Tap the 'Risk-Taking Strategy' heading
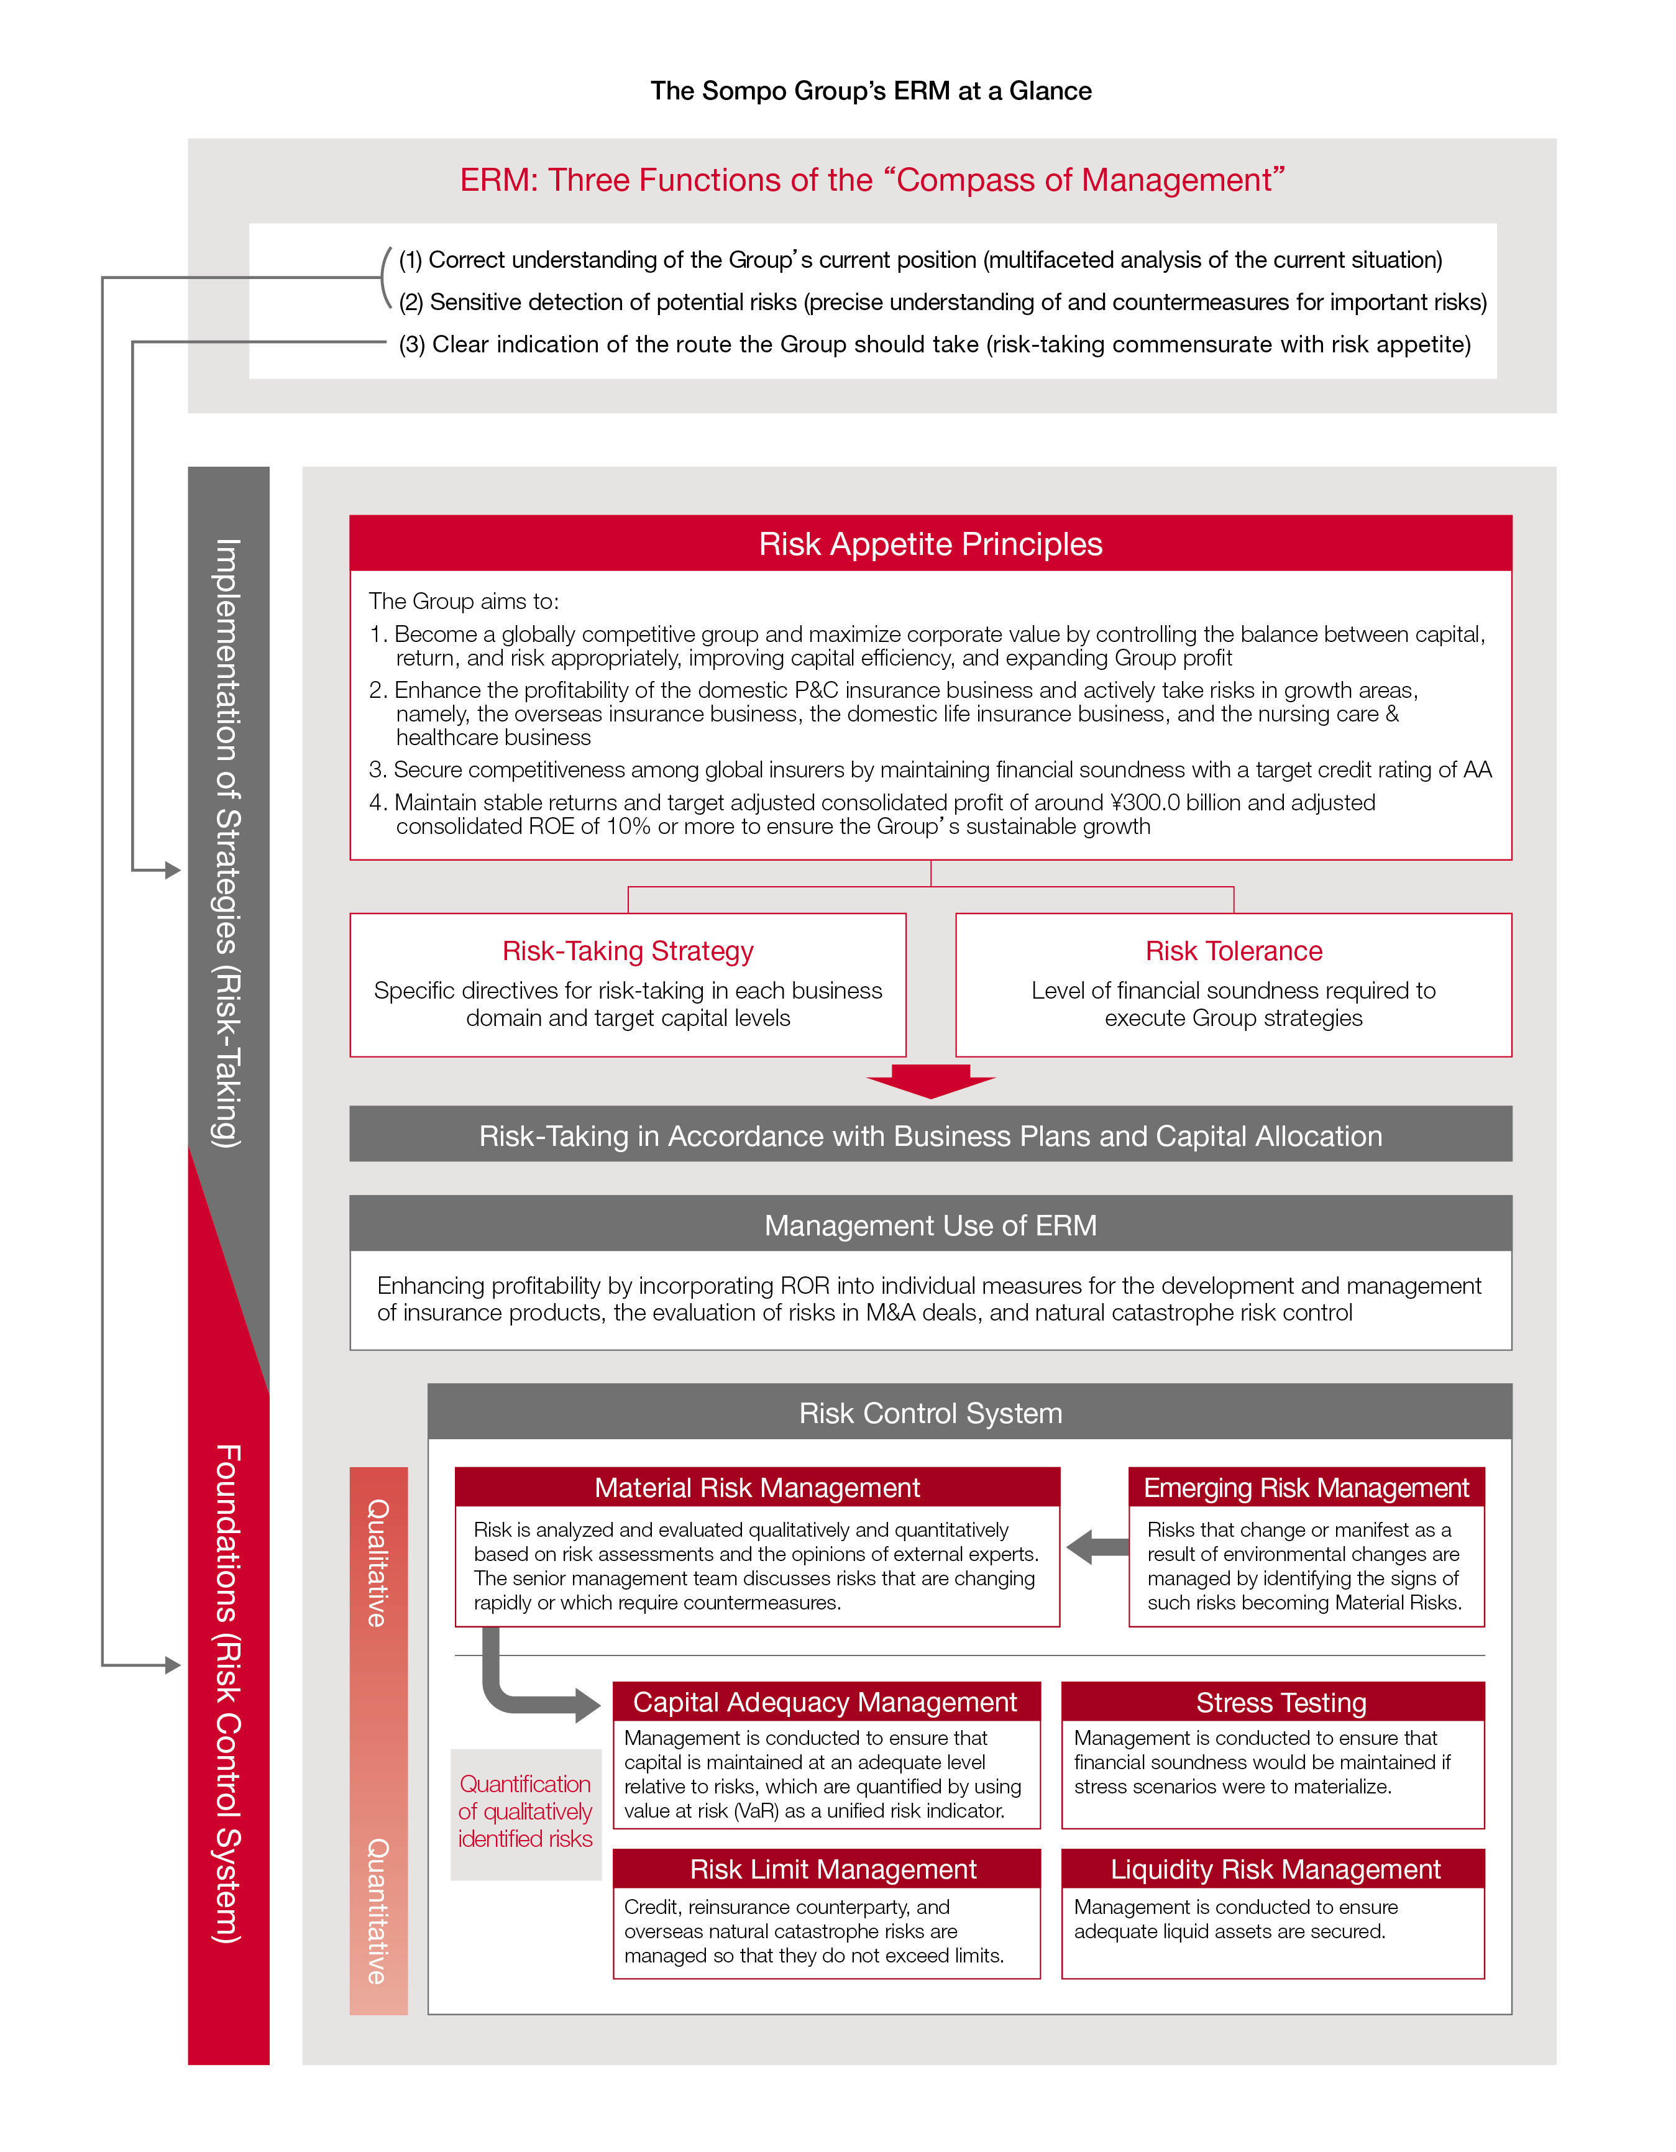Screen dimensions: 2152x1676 coord(628,951)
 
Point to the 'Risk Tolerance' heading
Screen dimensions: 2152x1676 coord(1233,951)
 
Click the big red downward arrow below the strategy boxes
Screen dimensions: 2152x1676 coord(930,1080)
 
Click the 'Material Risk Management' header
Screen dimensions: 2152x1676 coord(757,1488)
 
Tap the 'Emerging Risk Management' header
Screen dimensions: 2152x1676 coord(1306,1488)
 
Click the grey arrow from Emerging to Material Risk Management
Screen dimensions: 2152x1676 coord(1096,1547)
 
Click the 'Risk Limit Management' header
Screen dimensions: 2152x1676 coord(833,1869)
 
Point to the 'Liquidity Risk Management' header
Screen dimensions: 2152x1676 coord(1275,1869)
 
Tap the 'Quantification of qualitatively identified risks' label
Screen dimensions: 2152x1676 coord(525,1811)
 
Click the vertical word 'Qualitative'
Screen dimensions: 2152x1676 coord(377,1564)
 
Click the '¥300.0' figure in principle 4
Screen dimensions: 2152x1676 coord(1150,803)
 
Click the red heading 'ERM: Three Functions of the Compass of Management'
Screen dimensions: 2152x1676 coord(872,180)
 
